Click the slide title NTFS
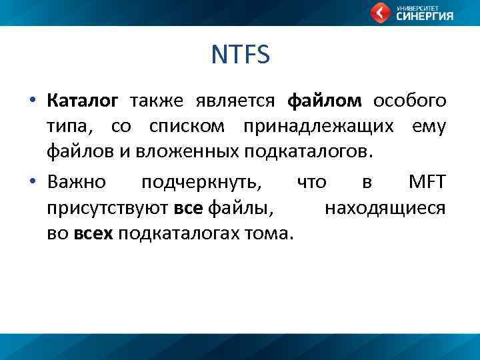[x=240, y=55]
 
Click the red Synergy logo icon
[x=381, y=13]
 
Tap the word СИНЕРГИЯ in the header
[x=425, y=17]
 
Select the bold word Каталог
[x=83, y=101]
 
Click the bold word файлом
[x=325, y=101]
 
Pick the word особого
[x=409, y=101]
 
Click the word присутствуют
[x=108, y=209]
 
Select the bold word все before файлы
[x=189, y=209]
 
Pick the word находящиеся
[x=385, y=209]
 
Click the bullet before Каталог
[x=31, y=101]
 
